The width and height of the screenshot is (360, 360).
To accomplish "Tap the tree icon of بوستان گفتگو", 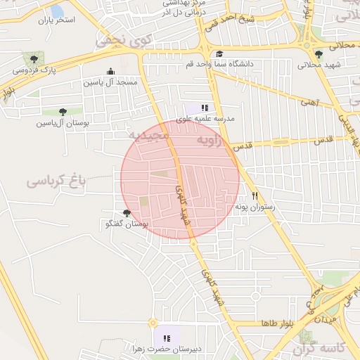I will (x=127, y=213).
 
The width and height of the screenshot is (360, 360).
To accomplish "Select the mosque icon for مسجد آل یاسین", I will (x=110, y=71).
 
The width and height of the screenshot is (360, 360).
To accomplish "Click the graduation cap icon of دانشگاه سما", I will (x=219, y=53).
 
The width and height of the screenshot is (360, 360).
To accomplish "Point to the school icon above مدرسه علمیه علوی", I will (x=205, y=108).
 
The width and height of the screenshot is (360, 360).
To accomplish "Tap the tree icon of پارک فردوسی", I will (x=32, y=58).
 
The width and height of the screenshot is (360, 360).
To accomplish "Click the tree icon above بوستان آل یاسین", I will (x=63, y=111).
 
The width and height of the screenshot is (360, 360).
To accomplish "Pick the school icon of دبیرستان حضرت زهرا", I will (x=167, y=338).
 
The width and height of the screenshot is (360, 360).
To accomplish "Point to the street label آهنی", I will (x=308, y=103).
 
